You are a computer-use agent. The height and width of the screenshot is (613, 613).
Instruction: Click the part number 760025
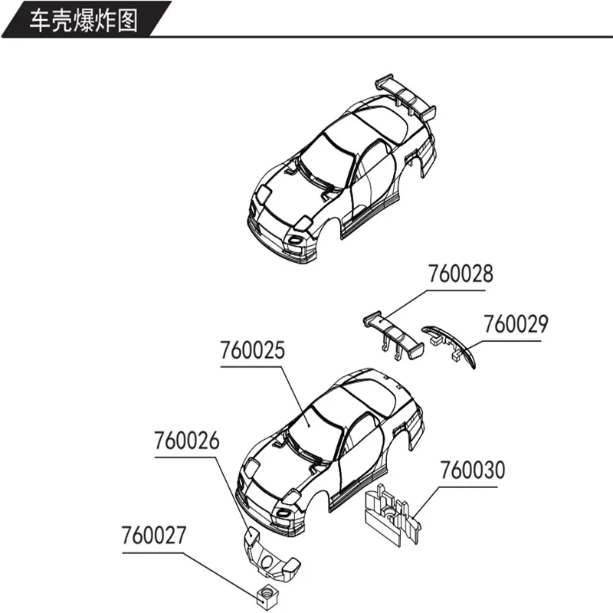pos(252,351)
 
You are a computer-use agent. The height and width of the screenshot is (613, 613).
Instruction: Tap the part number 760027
pos(153,535)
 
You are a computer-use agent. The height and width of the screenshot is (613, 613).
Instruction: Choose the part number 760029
pos(515,324)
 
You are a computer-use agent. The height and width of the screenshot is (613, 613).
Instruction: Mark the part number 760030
pos(472,470)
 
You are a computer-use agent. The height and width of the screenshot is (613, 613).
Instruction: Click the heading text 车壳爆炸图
pos(84,20)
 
